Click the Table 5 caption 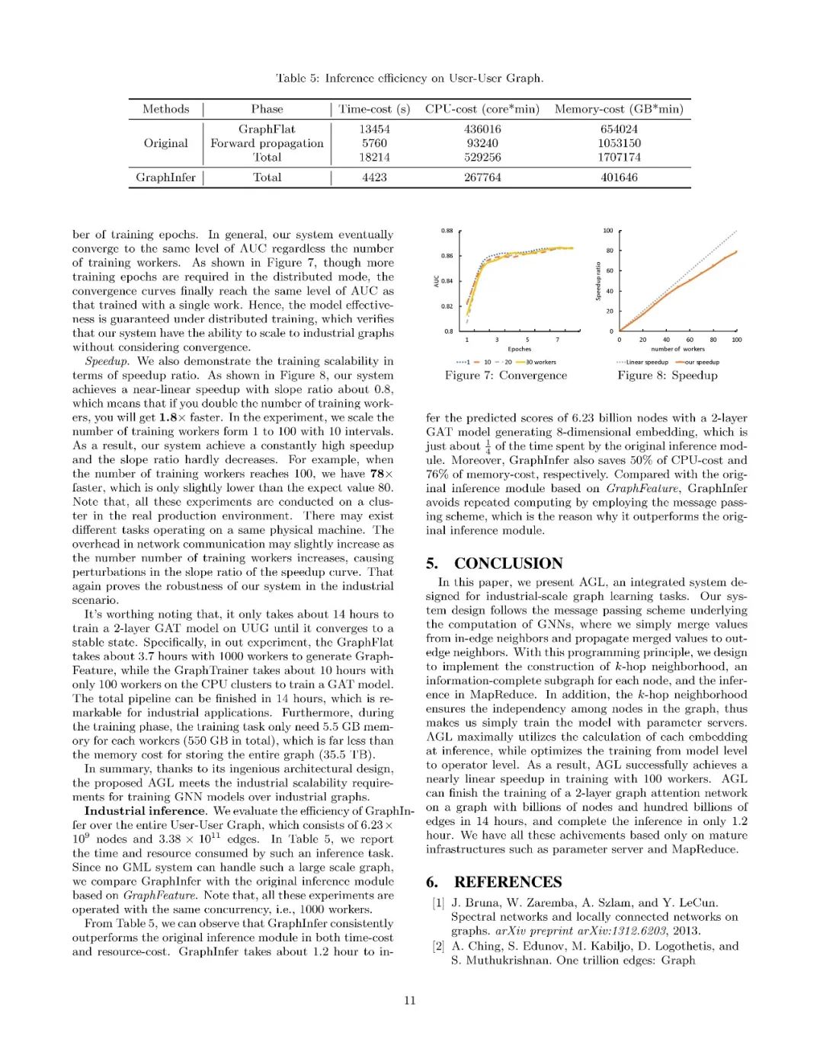click(x=409, y=78)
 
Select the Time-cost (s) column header click(x=374, y=109)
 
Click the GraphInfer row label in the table click(x=165, y=177)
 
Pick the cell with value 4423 click(x=374, y=177)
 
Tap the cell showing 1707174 click(x=619, y=158)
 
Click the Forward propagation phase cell click(x=267, y=143)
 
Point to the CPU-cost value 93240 click(x=482, y=143)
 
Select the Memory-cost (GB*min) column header click(x=619, y=109)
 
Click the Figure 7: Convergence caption click(x=506, y=375)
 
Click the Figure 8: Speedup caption click(x=668, y=375)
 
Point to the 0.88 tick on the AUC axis click(x=447, y=230)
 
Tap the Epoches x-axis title click(x=520, y=350)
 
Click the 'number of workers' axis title click(x=677, y=350)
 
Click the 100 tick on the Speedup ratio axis click(x=608, y=230)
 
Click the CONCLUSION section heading click(x=508, y=564)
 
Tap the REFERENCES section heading click(x=508, y=882)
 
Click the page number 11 click(x=410, y=1001)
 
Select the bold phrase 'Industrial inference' click(x=145, y=811)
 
